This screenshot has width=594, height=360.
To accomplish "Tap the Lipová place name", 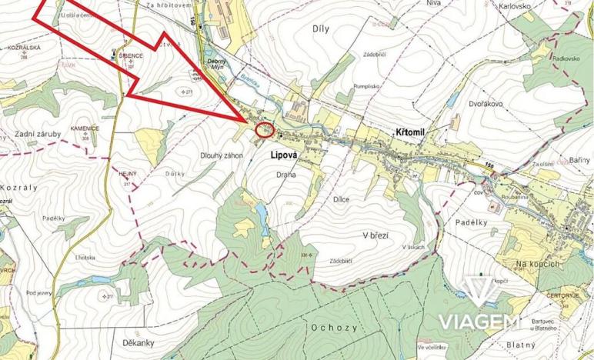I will tap(280, 154).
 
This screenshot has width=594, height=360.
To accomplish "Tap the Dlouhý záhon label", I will tap(222, 155).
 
